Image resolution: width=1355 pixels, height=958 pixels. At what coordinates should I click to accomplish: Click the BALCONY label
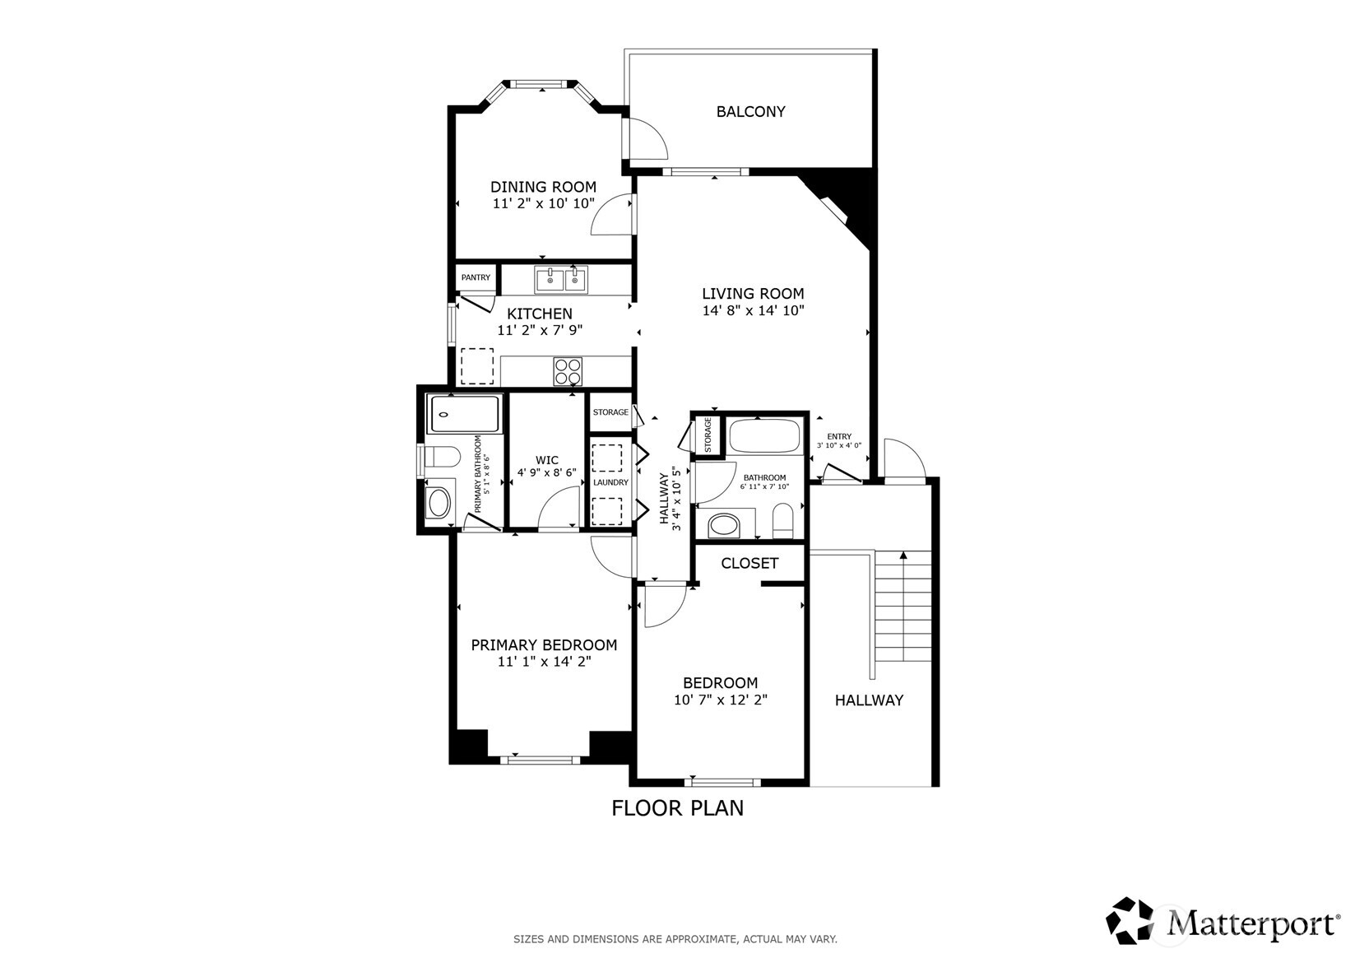coord(750,111)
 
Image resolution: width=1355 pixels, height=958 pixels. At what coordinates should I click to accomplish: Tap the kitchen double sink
coord(561,280)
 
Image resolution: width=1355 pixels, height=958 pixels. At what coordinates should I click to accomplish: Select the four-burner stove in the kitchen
coord(568,370)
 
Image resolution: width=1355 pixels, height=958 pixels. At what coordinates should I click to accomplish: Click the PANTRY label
coord(476,277)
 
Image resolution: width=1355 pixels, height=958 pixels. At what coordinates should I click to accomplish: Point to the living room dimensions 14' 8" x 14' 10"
coord(753,311)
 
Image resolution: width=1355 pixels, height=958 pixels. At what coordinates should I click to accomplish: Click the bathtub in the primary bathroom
coord(465,414)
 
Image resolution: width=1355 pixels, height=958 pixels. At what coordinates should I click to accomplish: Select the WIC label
coord(546,460)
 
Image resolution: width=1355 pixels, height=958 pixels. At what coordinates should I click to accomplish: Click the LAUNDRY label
coord(610,482)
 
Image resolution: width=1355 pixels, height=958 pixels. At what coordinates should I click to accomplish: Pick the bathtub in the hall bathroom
coord(765,436)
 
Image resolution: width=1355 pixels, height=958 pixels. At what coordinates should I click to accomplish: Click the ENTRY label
coord(839,437)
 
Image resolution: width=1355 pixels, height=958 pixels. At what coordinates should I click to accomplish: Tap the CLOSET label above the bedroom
coord(749,563)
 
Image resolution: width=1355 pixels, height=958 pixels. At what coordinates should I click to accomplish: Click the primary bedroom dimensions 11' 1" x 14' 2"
coord(544,662)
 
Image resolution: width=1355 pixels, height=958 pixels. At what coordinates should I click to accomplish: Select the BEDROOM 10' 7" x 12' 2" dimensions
coord(720,700)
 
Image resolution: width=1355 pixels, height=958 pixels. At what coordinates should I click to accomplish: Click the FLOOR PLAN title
coord(677,808)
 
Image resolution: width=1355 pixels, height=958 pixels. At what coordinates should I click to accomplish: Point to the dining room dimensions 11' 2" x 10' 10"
coord(543,203)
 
